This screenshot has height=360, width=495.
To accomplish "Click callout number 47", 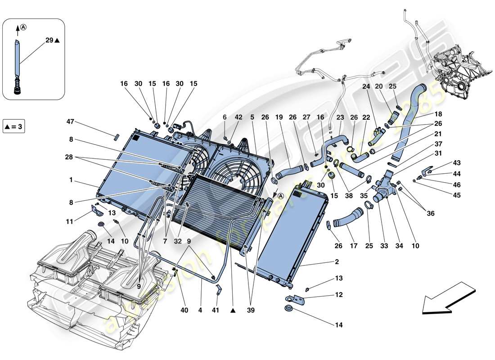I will click(70, 122).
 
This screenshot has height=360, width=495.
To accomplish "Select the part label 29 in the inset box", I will click(49, 40).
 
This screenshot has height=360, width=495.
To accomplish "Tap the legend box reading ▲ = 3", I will click(13, 126).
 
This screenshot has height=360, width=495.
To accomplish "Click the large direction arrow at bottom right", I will click(445, 298).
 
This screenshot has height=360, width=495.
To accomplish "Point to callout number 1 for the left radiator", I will click(71, 180).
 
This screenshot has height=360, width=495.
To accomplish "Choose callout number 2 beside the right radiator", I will click(337, 261).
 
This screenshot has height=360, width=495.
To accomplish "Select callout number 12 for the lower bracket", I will click(338, 295).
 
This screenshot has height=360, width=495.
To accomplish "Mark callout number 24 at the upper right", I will click(365, 86).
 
